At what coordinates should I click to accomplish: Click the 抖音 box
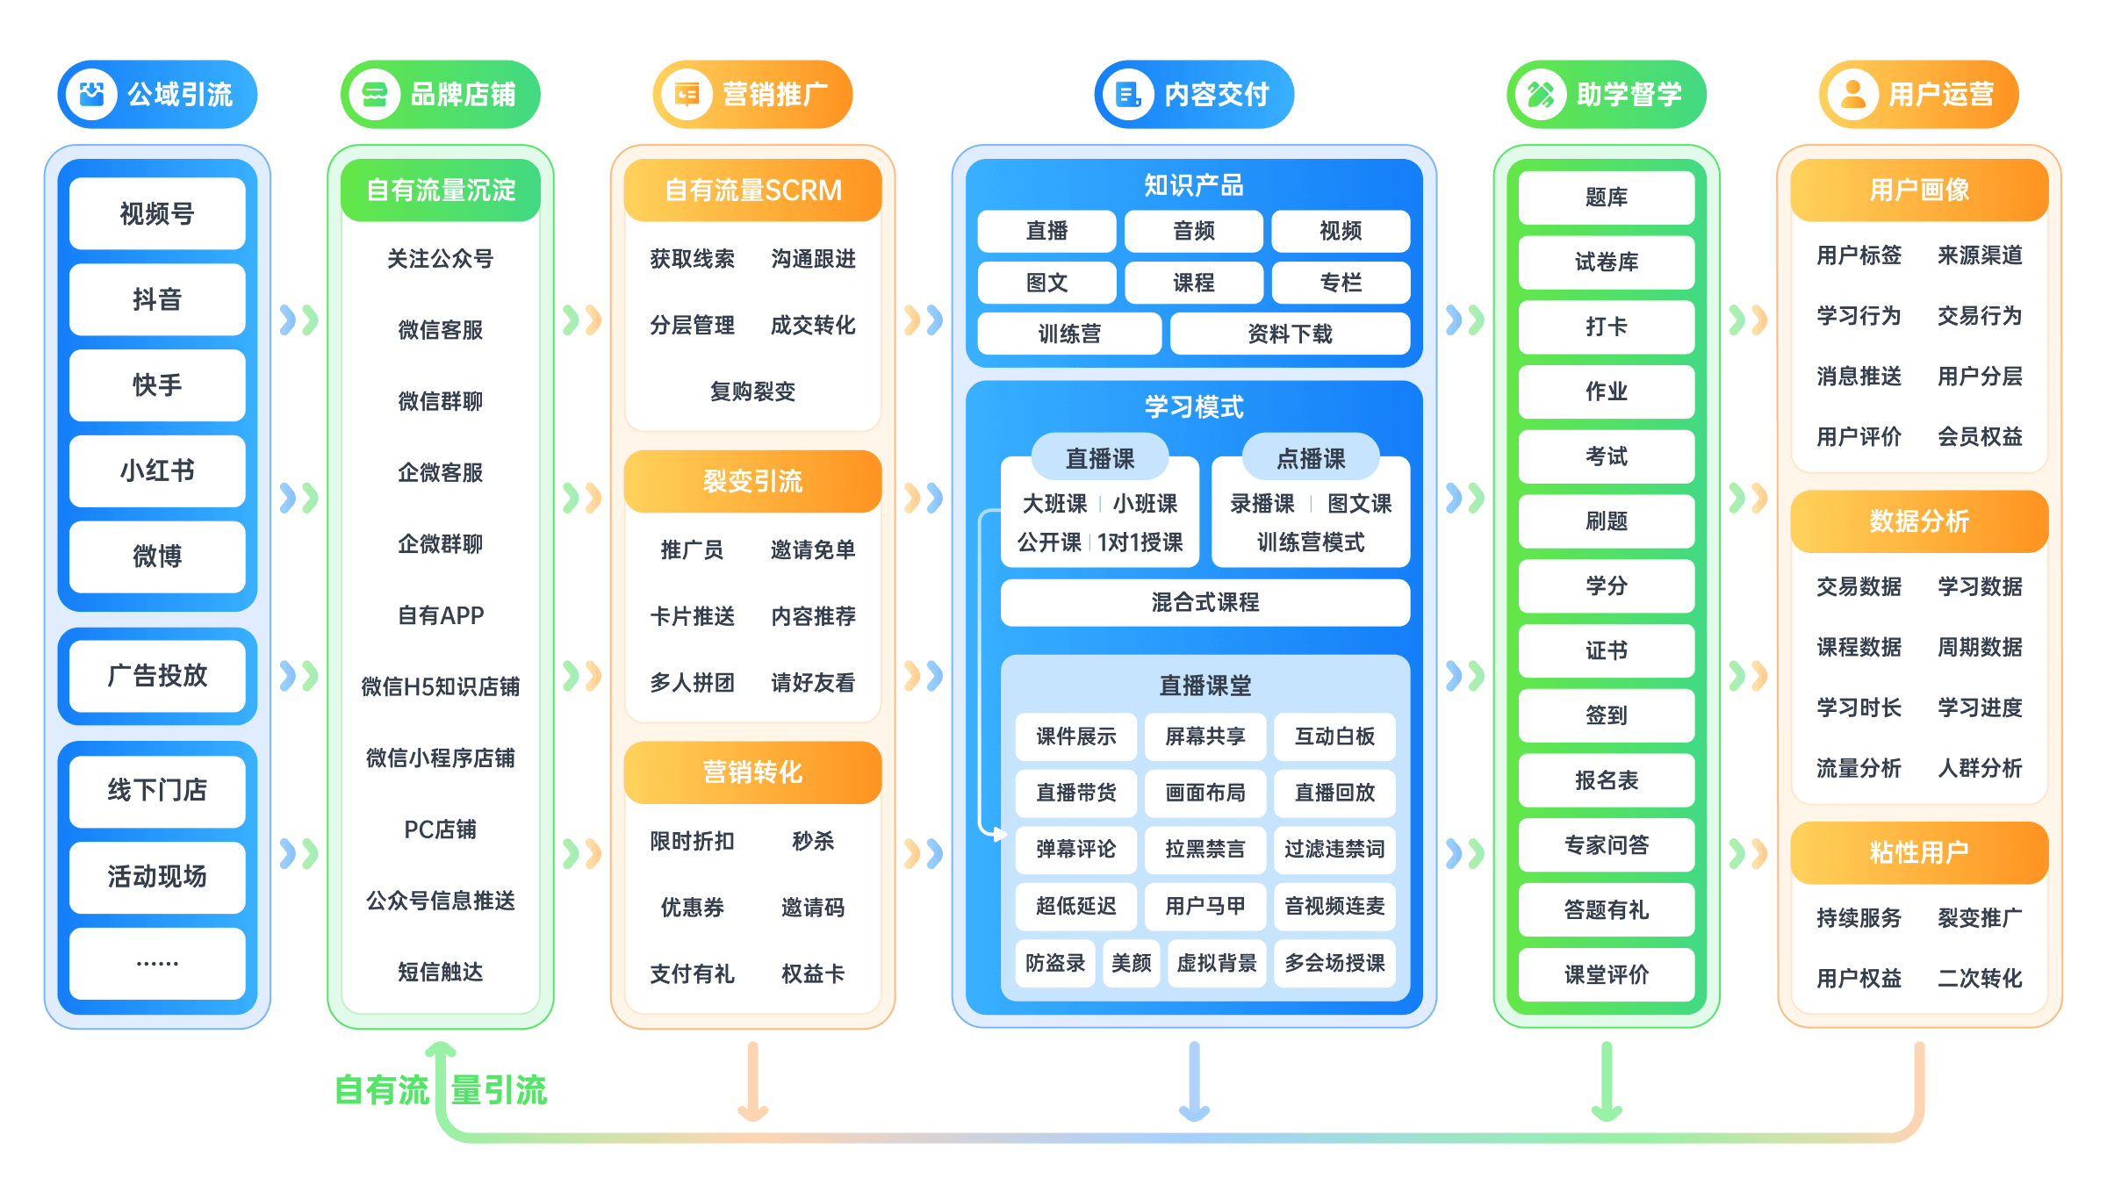click(157, 299)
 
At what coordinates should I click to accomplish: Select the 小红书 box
click(157, 470)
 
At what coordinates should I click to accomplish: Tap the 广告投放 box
click(157, 675)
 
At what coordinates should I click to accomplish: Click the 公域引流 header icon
click(92, 94)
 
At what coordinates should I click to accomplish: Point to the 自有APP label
click(441, 615)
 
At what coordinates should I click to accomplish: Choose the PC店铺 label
click(441, 829)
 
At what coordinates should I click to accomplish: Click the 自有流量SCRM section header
click(752, 190)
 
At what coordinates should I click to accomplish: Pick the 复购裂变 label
click(752, 391)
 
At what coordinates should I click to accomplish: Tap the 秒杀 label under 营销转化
click(813, 841)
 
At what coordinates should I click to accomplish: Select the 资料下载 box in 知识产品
click(1290, 334)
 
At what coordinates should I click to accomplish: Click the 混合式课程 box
click(1205, 602)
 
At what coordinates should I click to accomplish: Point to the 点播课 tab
click(1310, 457)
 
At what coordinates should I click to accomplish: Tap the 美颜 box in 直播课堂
click(1131, 963)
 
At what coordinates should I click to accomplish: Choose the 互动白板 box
click(1334, 736)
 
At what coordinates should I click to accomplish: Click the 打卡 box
click(1606, 327)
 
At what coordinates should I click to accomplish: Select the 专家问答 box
click(1606, 844)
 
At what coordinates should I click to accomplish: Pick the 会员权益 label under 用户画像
click(1980, 436)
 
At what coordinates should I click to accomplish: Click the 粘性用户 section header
click(1919, 852)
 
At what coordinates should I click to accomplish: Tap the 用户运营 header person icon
click(1852, 94)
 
